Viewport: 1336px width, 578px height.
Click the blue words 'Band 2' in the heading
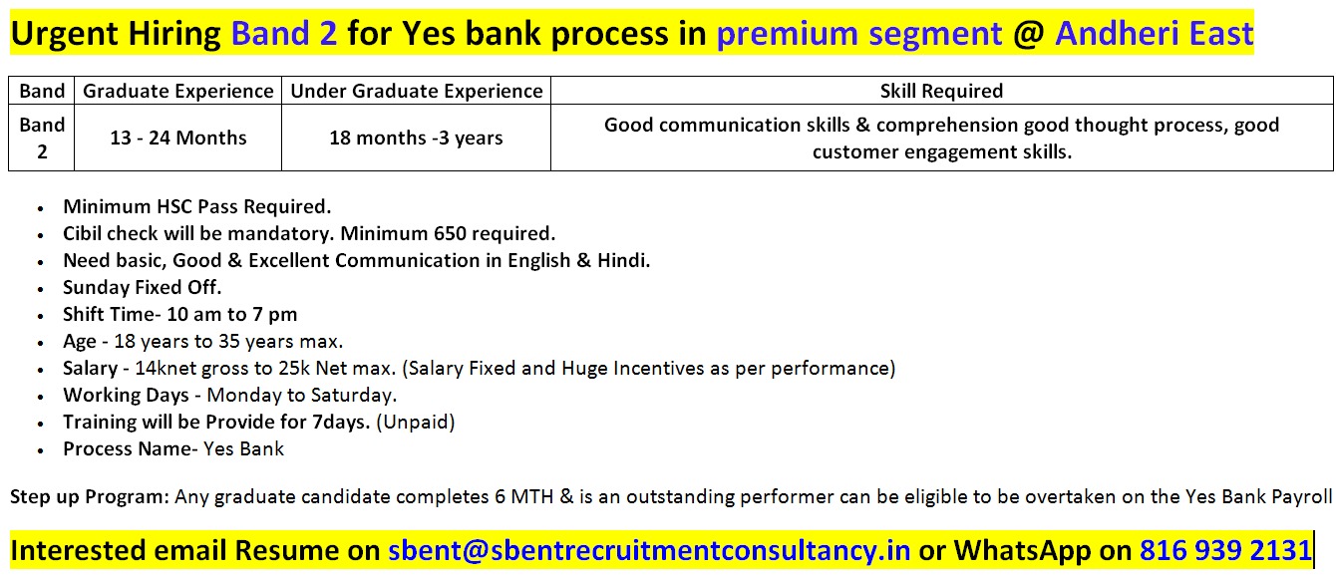[x=284, y=33]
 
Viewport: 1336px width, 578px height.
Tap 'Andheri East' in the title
[x=1155, y=33]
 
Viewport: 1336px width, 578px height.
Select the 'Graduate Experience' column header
[x=177, y=91]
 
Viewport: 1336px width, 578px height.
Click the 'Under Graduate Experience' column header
[x=417, y=91]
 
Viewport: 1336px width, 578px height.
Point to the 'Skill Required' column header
[x=941, y=91]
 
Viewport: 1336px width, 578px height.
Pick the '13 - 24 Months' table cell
[x=177, y=138]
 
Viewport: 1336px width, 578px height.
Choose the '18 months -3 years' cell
[x=416, y=138]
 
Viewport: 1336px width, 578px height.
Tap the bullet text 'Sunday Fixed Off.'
[x=142, y=287]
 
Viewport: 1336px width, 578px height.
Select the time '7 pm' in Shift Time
[x=275, y=315]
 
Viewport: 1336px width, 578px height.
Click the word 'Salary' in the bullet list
[x=90, y=369]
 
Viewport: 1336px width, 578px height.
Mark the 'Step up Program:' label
[x=90, y=497]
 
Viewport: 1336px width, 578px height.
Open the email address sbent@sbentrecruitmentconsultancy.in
[x=649, y=550]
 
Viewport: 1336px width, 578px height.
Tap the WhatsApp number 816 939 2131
[x=1225, y=550]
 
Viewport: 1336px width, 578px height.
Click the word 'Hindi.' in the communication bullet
[x=623, y=260]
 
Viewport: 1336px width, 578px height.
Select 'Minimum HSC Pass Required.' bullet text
[x=196, y=206]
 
